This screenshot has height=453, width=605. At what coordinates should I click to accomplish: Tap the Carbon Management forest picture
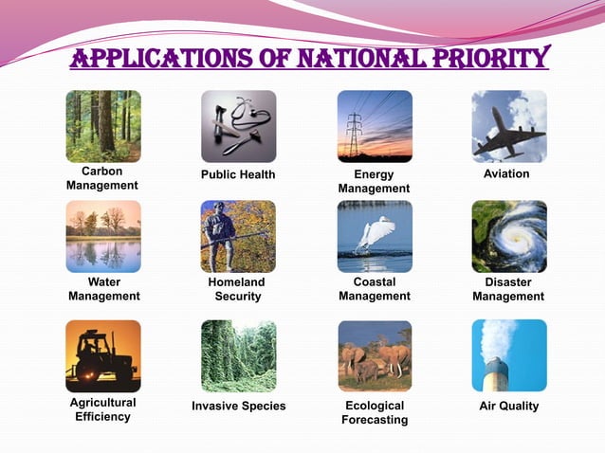[x=102, y=126]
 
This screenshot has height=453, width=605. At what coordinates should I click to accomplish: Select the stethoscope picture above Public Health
[x=238, y=126]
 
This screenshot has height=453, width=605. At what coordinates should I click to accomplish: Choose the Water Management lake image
[x=102, y=236]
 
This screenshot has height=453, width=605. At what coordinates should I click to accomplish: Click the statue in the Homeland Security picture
[x=221, y=237]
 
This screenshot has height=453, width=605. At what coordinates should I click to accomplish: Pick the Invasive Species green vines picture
[x=238, y=355]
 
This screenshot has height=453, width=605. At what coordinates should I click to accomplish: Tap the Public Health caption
[x=238, y=174]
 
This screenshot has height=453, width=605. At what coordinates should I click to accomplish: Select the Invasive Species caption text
[x=238, y=407]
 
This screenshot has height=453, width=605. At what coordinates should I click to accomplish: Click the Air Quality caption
[x=509, y=406]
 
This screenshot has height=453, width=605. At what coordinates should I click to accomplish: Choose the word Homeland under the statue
[x=236, y=282]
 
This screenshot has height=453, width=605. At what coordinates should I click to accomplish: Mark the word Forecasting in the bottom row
[x=375, y=420]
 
